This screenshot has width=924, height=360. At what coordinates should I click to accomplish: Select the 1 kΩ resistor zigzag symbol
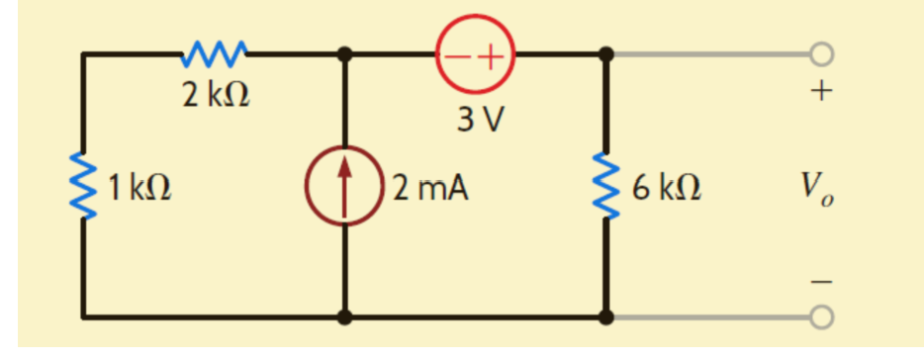(x=83, y=185)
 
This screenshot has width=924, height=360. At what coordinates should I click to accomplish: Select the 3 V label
(x=480, y=120)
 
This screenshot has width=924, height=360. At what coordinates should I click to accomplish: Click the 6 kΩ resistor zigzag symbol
(x=607, y=185)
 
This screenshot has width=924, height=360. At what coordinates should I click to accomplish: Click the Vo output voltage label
(x=817, y=187)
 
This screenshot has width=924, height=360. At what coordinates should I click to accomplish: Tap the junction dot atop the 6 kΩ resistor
(x=607, y=53)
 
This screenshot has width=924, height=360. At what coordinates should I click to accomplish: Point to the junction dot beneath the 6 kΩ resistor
(x=607, y=317)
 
